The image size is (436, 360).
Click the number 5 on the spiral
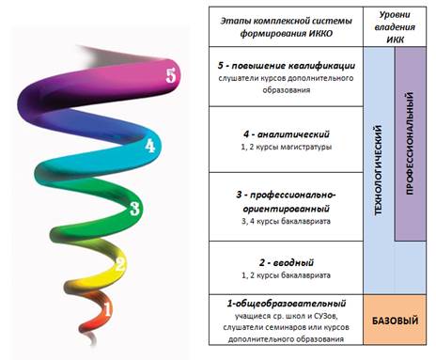(171, 76)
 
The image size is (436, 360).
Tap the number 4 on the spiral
(150, 145)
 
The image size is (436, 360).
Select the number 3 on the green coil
(134, 209)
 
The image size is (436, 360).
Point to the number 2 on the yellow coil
(120, 264)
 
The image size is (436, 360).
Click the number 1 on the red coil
(107, 309)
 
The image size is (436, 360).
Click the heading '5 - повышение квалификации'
(287, 66)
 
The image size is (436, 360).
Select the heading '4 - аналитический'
(287, 134)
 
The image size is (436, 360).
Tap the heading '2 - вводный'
(287, 263)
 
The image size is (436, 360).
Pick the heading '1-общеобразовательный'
(287, 304)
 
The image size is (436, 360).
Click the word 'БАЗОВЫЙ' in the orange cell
(395, 321)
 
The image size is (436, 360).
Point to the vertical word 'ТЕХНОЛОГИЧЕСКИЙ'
(379, 170)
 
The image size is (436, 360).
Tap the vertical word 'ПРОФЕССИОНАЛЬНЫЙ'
(410, 144)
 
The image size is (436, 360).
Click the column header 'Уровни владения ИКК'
(395, 27)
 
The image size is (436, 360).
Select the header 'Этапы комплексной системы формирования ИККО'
(286, 27)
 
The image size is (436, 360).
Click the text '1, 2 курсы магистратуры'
(287, 147)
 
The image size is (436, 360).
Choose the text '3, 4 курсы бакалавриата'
(287, 221)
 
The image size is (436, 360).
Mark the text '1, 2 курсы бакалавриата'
(287, 275)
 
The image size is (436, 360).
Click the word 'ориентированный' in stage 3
(287, 209)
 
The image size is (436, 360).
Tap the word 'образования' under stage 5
(287, 90)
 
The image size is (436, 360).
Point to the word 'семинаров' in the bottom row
(286, 328)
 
